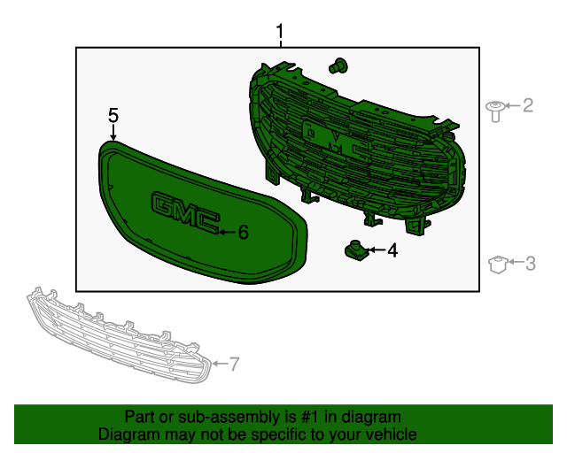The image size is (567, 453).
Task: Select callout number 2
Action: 528,105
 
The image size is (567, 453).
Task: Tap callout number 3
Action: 530,264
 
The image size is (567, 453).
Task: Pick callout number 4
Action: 392,250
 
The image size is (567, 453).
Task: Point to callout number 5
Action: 113,116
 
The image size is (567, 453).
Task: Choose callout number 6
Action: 244,232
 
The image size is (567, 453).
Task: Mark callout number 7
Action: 234,365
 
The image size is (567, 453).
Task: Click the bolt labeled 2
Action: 496,111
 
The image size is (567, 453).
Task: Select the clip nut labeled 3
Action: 498,264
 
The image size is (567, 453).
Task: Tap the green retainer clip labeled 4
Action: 356,250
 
